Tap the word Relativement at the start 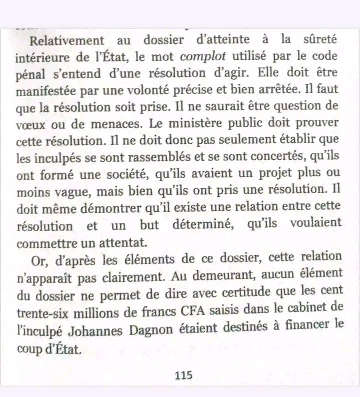[x=67, y=41]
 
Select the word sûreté [x=323, y=41]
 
